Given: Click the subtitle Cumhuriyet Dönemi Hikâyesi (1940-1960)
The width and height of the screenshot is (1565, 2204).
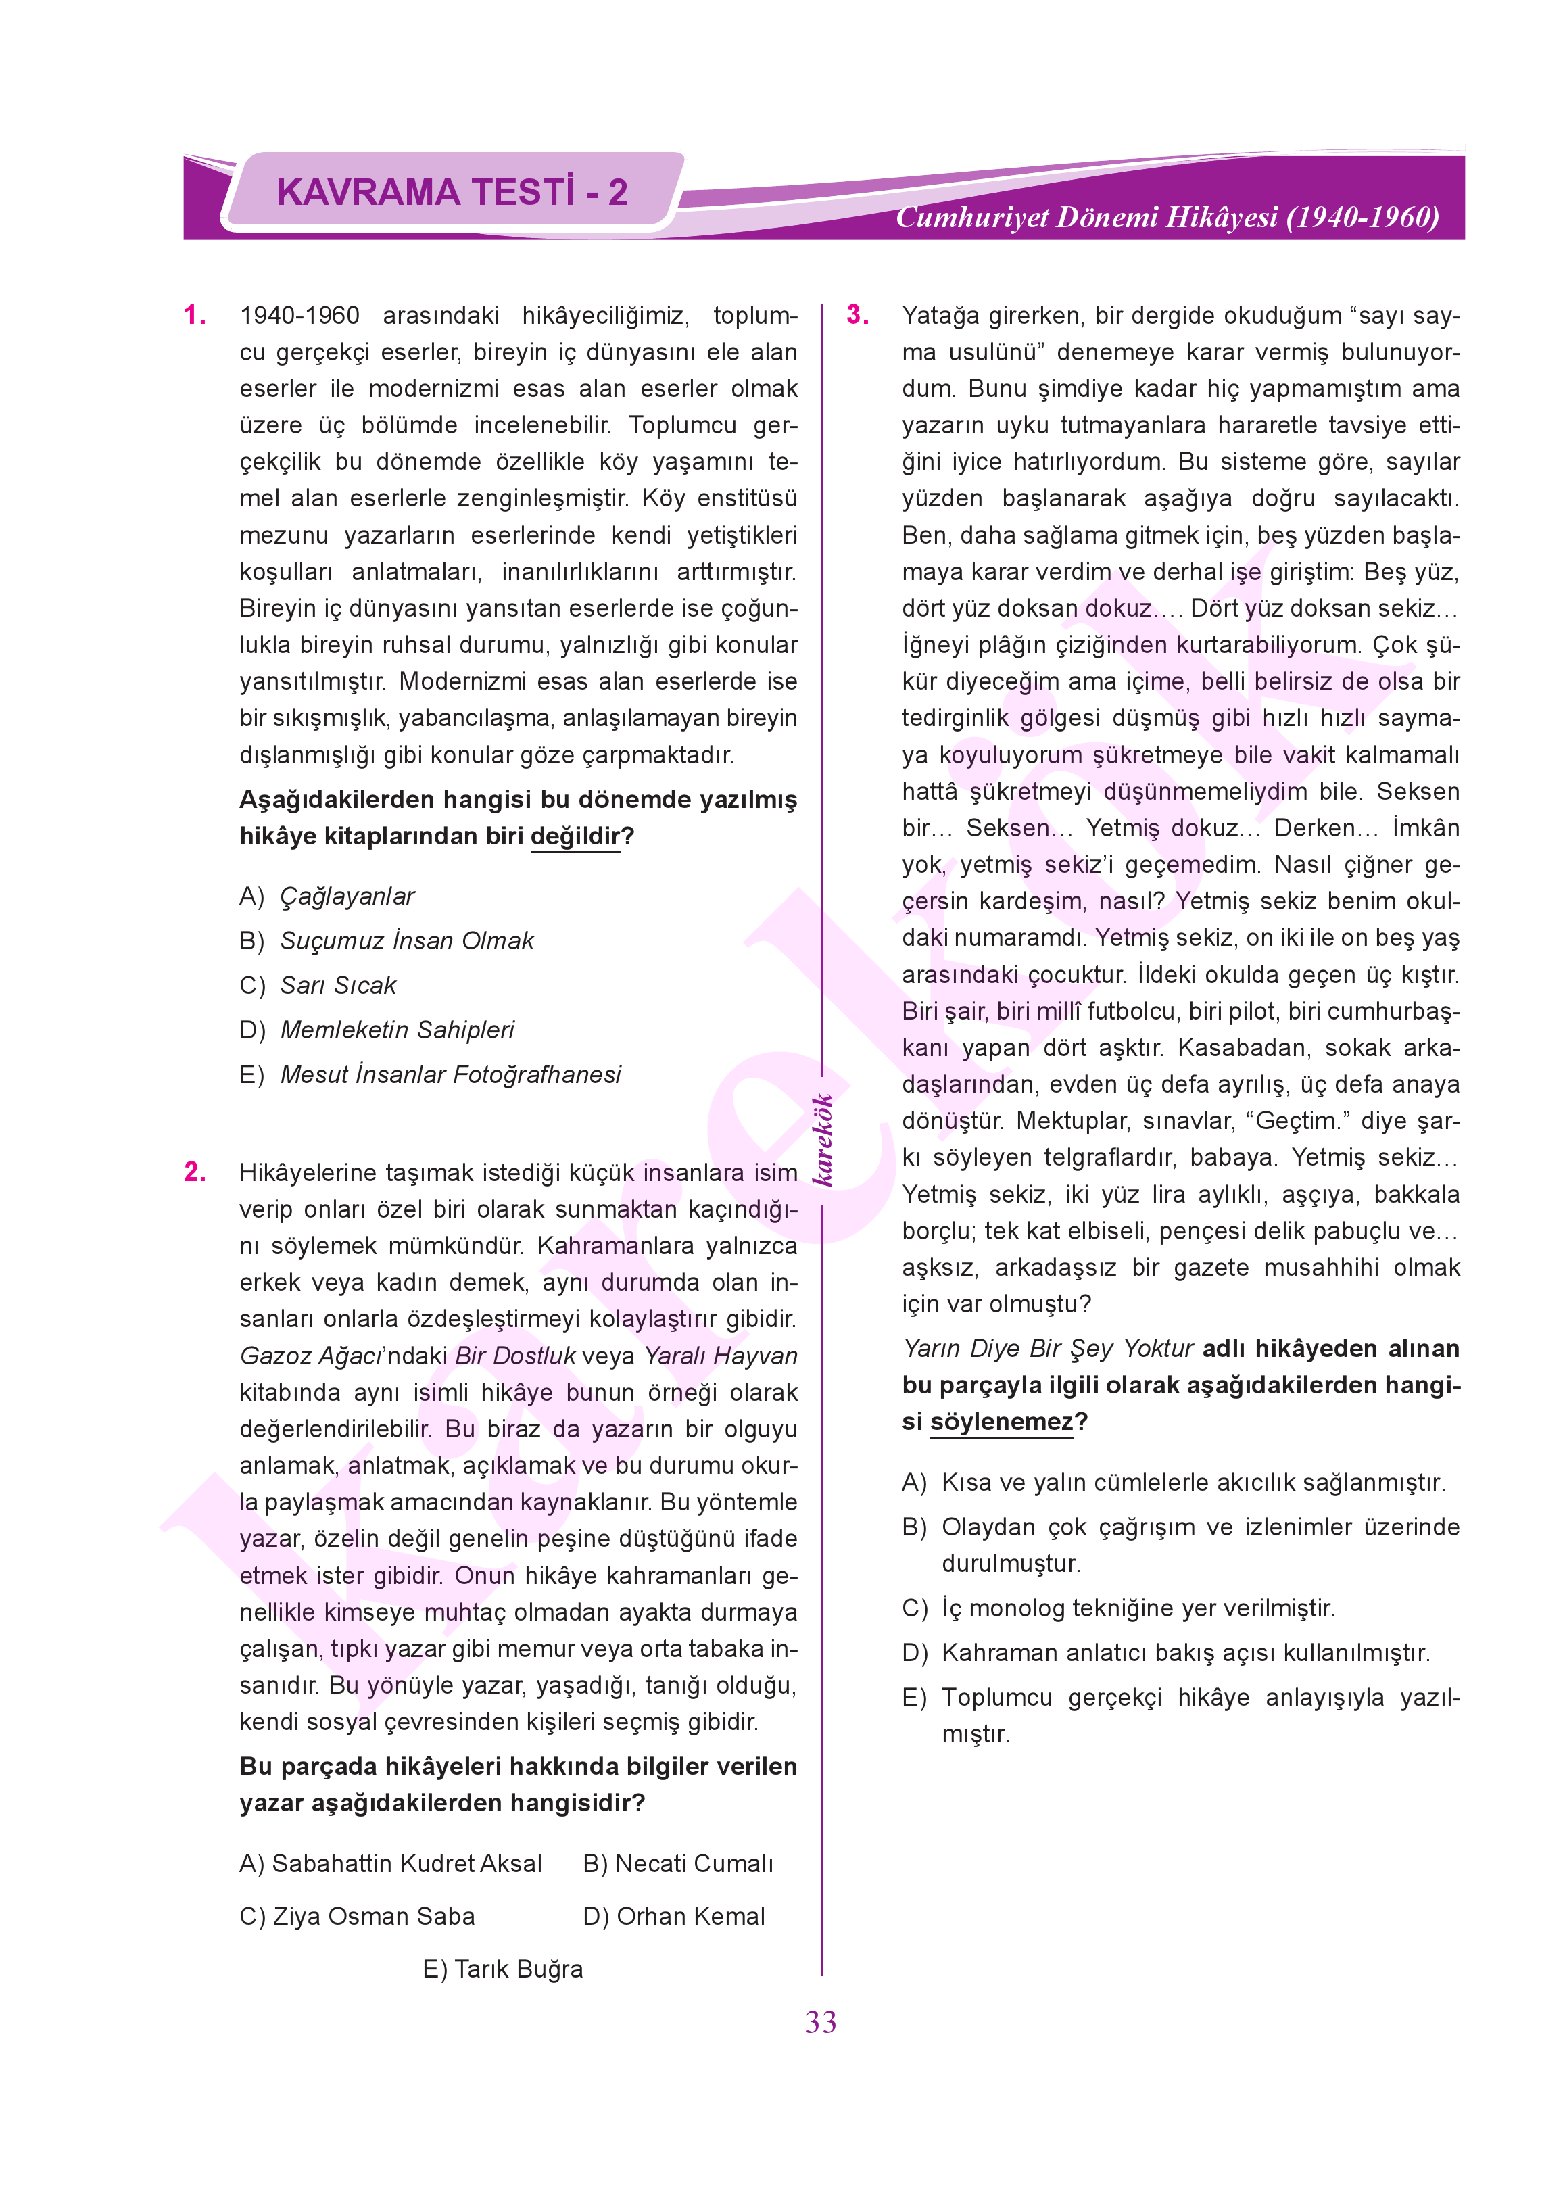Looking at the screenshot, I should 1167,217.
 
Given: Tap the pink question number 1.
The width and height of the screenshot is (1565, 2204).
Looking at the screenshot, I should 195,315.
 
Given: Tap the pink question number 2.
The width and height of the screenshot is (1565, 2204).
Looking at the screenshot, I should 195,1172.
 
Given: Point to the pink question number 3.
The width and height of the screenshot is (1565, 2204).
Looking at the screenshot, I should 858,315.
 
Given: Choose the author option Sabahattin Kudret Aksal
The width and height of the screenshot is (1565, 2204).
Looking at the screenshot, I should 391,1863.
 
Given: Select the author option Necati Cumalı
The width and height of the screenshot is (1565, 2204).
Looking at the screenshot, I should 679,1863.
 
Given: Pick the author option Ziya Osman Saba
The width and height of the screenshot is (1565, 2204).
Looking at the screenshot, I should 358,1916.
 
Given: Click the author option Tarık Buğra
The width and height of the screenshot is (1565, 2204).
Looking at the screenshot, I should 503,1969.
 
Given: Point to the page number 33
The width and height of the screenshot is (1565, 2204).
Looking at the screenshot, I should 821,2022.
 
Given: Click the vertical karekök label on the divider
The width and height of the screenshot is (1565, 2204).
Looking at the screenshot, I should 822,1139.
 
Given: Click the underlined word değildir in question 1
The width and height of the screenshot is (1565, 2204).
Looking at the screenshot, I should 575,836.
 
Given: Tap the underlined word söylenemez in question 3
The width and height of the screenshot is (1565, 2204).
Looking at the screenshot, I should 1001,1422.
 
